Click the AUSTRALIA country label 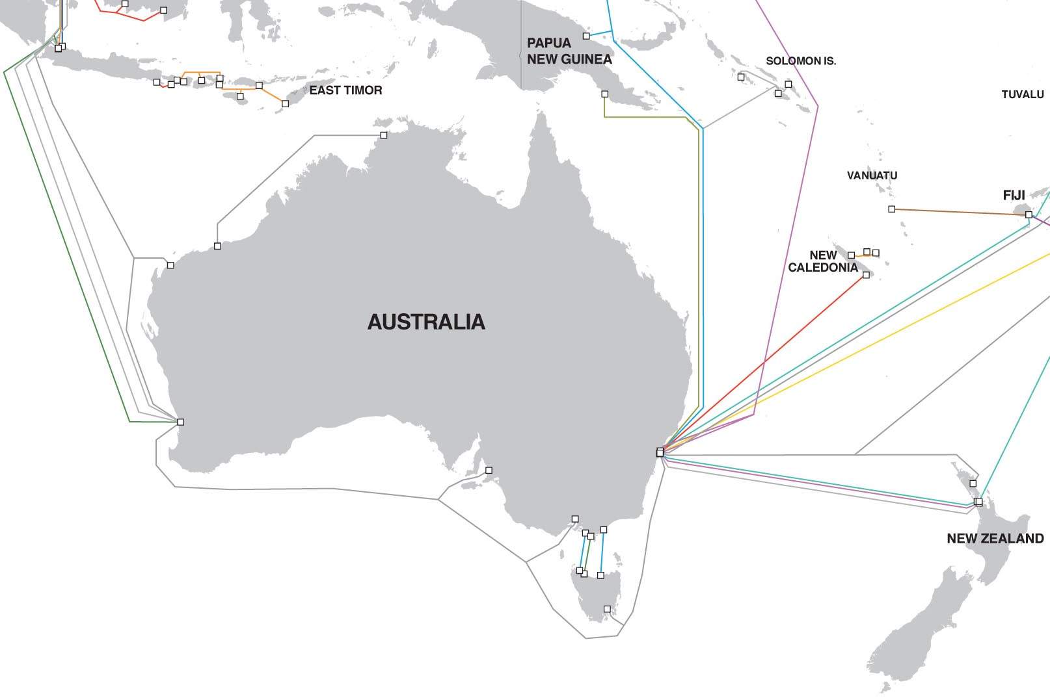(426, 322)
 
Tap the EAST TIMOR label (345, 90)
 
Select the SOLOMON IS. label (800, 61)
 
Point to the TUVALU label (1022, 94)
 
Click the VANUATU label (872, 175)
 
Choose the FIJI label (1014, 195)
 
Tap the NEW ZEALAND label (995, 538)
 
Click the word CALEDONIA (823, 268)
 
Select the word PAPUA (548, 43)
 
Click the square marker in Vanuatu (891, 209)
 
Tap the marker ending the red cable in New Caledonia (866, 275)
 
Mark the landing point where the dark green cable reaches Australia (181, 422)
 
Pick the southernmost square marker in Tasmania (607, 609)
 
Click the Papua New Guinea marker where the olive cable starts (604, 94)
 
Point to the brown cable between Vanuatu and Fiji (956, 211)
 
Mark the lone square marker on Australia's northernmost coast (384, 135)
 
